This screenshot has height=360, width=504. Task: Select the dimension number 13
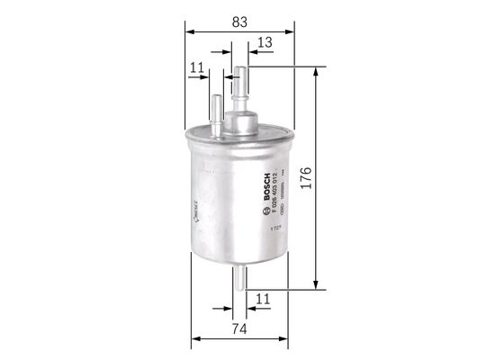coord(265,41)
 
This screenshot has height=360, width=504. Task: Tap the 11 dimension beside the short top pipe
coord(195,67)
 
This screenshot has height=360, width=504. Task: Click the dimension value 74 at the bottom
coord(238,329)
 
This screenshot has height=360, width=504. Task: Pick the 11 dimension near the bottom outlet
coord(264,298)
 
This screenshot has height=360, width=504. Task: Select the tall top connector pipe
coord(239,85)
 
